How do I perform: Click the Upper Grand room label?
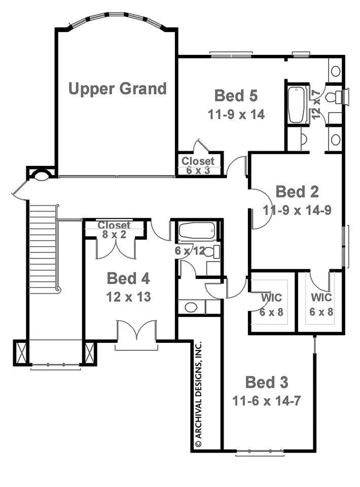point(117,89)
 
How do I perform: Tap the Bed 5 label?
point(236,95)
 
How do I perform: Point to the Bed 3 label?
point(267,382)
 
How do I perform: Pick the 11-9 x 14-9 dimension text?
point(297,210)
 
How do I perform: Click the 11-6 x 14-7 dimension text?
point(267,401)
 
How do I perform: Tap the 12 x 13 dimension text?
point(128,297)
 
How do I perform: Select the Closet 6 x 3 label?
point(198,165)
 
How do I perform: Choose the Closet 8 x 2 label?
point(114,229)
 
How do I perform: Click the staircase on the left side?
point(43,254)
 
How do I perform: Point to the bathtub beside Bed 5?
point(297,105)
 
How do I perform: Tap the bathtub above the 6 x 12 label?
point(197,232)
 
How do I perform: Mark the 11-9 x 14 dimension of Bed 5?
point(236,114)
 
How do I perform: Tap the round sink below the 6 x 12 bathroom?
point(191,306)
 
